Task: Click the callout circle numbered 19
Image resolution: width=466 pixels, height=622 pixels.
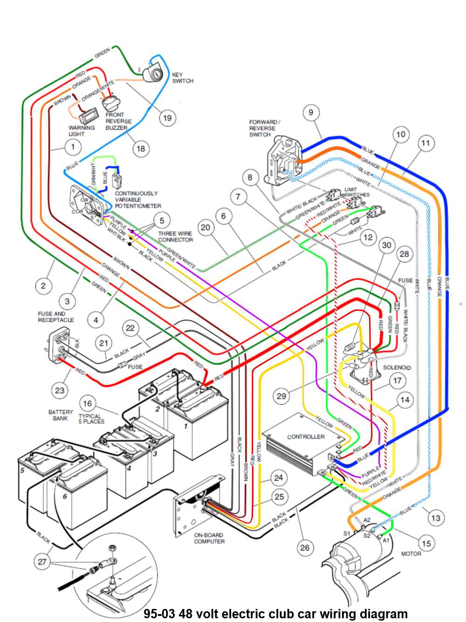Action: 167,118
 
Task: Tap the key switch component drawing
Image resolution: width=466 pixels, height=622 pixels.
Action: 153,72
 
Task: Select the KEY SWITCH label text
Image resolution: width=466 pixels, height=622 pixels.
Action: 182,78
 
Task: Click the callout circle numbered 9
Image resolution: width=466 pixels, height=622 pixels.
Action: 311,112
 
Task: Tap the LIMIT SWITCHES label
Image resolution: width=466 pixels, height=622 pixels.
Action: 357,192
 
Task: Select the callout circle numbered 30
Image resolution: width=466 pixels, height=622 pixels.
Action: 387,245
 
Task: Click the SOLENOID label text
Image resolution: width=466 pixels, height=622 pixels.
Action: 397,367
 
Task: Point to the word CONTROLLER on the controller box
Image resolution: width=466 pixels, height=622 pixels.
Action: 306,437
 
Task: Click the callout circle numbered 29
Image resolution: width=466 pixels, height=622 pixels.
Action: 281,396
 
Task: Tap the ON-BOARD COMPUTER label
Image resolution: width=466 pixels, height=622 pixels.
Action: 209,538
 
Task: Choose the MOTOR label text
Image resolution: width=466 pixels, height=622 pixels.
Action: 411,554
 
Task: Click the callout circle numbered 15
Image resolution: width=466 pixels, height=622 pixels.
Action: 426,543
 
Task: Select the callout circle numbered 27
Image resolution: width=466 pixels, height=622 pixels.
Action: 42,561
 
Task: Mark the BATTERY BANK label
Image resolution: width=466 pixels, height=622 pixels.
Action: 61,415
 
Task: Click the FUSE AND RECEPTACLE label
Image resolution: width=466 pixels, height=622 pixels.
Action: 55,317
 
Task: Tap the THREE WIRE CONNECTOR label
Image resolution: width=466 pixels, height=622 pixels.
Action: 175,236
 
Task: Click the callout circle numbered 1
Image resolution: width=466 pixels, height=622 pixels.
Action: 73,147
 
